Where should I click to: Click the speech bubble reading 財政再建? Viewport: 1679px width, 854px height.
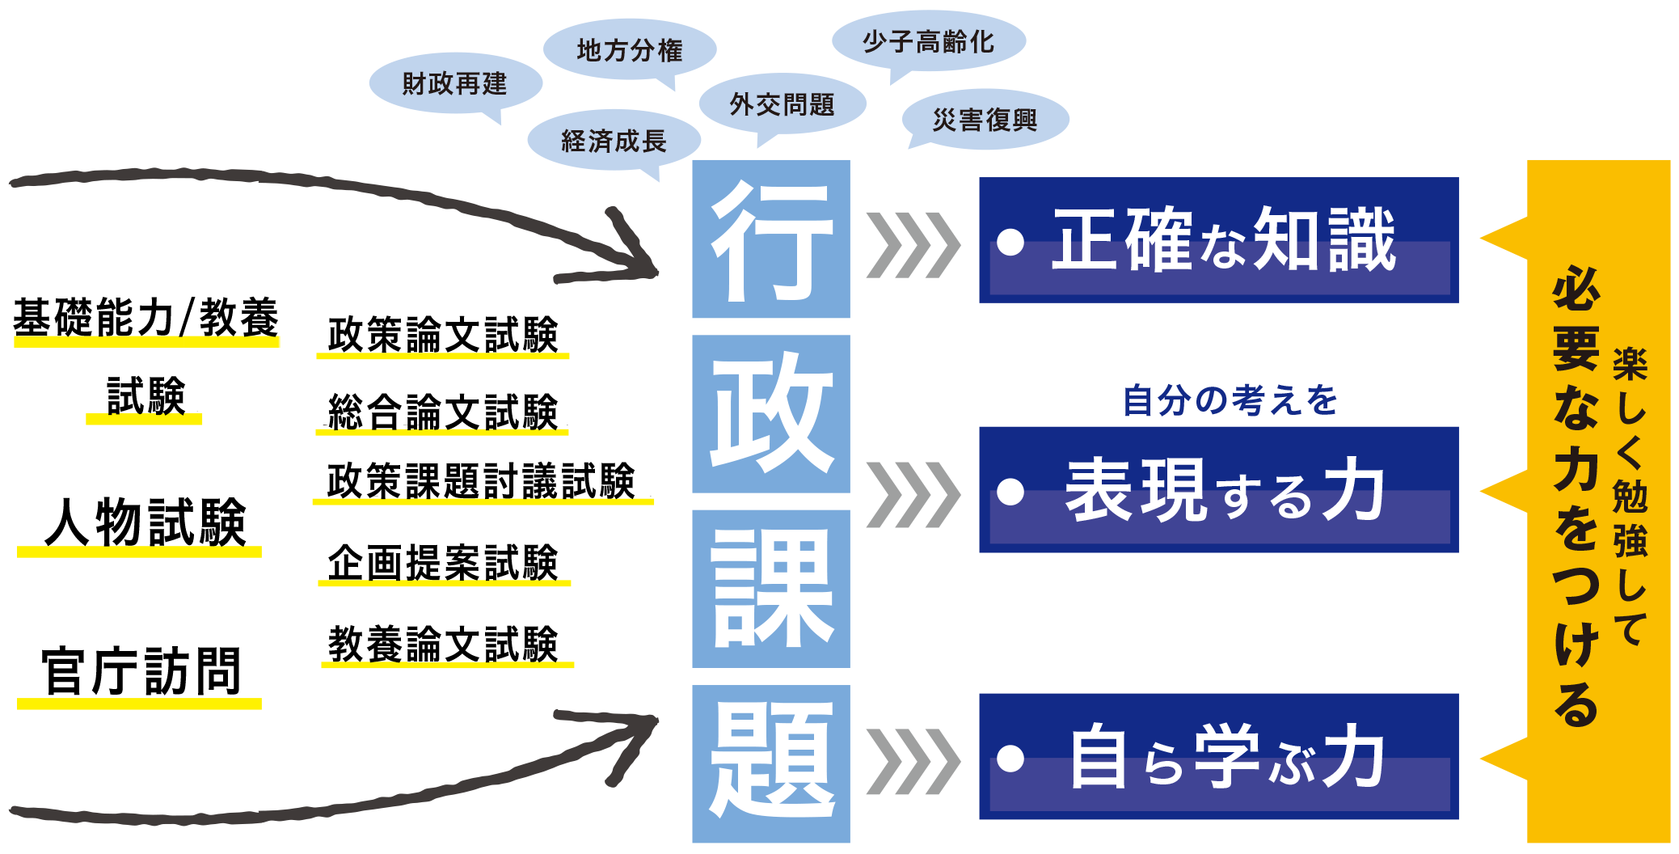coord(454,83)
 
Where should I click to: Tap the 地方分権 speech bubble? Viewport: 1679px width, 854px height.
coord(629,50)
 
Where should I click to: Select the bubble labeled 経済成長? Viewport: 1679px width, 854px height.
coord(614,141)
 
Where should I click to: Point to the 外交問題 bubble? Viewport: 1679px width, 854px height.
coord(782,104)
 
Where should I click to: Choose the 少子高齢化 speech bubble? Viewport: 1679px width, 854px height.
coord(928,41)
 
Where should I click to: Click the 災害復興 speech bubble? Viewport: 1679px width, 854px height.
coord(985,120)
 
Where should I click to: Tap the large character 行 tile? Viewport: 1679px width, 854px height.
coord(771,239)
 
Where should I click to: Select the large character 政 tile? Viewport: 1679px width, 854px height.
coord(771,413)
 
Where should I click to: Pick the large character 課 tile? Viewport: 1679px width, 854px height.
coord(771,588)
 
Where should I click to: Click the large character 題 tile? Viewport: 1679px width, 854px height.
coord(771,763)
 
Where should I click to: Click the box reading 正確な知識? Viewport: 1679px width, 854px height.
coord(1218,240)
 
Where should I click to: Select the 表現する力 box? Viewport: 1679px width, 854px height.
coord(1218,489)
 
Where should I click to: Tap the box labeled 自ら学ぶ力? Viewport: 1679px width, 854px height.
coord(1218,756)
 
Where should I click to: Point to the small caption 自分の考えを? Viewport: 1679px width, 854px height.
coord(1230,400)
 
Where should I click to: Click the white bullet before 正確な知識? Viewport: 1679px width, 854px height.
coord(1010,241)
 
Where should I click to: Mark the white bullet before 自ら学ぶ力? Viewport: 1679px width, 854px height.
coord(1010,758)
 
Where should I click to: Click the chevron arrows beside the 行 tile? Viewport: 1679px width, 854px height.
coord(913,244)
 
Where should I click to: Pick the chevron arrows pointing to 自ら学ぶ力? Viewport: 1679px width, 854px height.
coord(913,761)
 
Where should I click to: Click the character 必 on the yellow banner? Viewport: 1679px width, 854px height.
coord(1576,289)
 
